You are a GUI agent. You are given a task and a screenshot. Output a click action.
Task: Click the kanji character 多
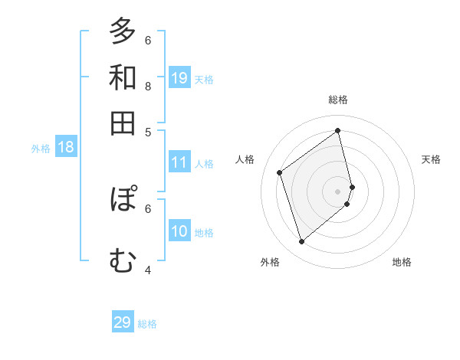coord(123,31)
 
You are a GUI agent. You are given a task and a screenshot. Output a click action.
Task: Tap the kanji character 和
coord(123,77)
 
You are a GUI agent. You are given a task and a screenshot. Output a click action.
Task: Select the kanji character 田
coord(123,123)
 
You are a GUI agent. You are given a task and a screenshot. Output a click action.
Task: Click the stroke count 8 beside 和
coord(148,87)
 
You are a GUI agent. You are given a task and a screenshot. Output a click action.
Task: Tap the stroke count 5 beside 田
coord(148,132)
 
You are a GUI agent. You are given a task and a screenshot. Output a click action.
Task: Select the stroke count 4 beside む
coord(148,270)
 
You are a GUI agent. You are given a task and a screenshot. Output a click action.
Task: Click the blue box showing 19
coord(179,77)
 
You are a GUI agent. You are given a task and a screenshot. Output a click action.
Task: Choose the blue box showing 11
coord(179,162)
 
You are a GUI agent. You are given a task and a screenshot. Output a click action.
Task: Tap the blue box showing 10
coord(179,231)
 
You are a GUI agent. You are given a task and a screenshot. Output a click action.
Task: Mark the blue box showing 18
coord(66,148)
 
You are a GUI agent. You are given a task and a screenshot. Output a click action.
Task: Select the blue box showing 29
coord(123,322)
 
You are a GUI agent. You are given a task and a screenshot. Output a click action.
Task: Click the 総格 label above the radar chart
coord(338,100)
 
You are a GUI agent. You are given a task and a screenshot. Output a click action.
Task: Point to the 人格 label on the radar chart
coord(245,159)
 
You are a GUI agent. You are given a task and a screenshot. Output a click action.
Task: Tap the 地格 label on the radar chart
coord(402,262)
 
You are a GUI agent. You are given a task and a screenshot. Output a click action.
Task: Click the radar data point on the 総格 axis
coord(338,130)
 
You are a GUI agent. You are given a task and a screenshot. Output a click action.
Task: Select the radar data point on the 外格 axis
coord(301,242)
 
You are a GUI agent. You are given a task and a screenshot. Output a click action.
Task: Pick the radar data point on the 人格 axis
coord(280,172)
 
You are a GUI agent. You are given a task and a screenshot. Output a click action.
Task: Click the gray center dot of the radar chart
coord(338,191)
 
